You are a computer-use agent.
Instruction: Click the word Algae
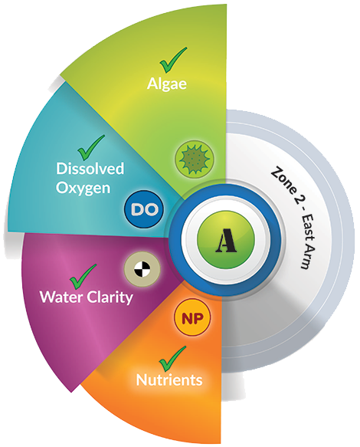click(x=167, y=84)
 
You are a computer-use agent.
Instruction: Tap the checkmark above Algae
click(x=173, y=60)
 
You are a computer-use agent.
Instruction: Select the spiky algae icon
click(x=195, y=159)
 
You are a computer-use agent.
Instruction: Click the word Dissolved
click(x=90, y=168)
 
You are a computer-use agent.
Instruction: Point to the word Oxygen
click(x=83, y=189)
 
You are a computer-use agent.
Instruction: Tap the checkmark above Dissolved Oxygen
click(x=91, y=147)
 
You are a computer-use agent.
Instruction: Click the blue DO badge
click(x=145, y=209)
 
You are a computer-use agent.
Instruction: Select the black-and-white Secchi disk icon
click(x=142, y=269)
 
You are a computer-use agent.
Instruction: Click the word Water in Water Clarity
click(x=62, y=297)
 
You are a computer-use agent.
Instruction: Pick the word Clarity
click(x=110, y=297)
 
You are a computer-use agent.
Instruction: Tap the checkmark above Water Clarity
click(x=83, y=277)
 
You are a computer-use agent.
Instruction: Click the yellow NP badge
click(x=192, y=318)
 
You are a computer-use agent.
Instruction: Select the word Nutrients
click(x=169, y=380)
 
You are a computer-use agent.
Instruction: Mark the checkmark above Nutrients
click(x=172, y=359)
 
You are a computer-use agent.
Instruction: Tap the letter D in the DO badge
click(x=138, y=210)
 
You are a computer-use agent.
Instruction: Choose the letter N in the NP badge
click(x=187, y=318)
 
